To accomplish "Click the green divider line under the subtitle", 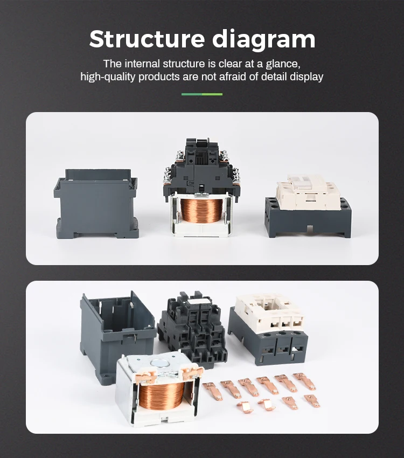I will [201, 94].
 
